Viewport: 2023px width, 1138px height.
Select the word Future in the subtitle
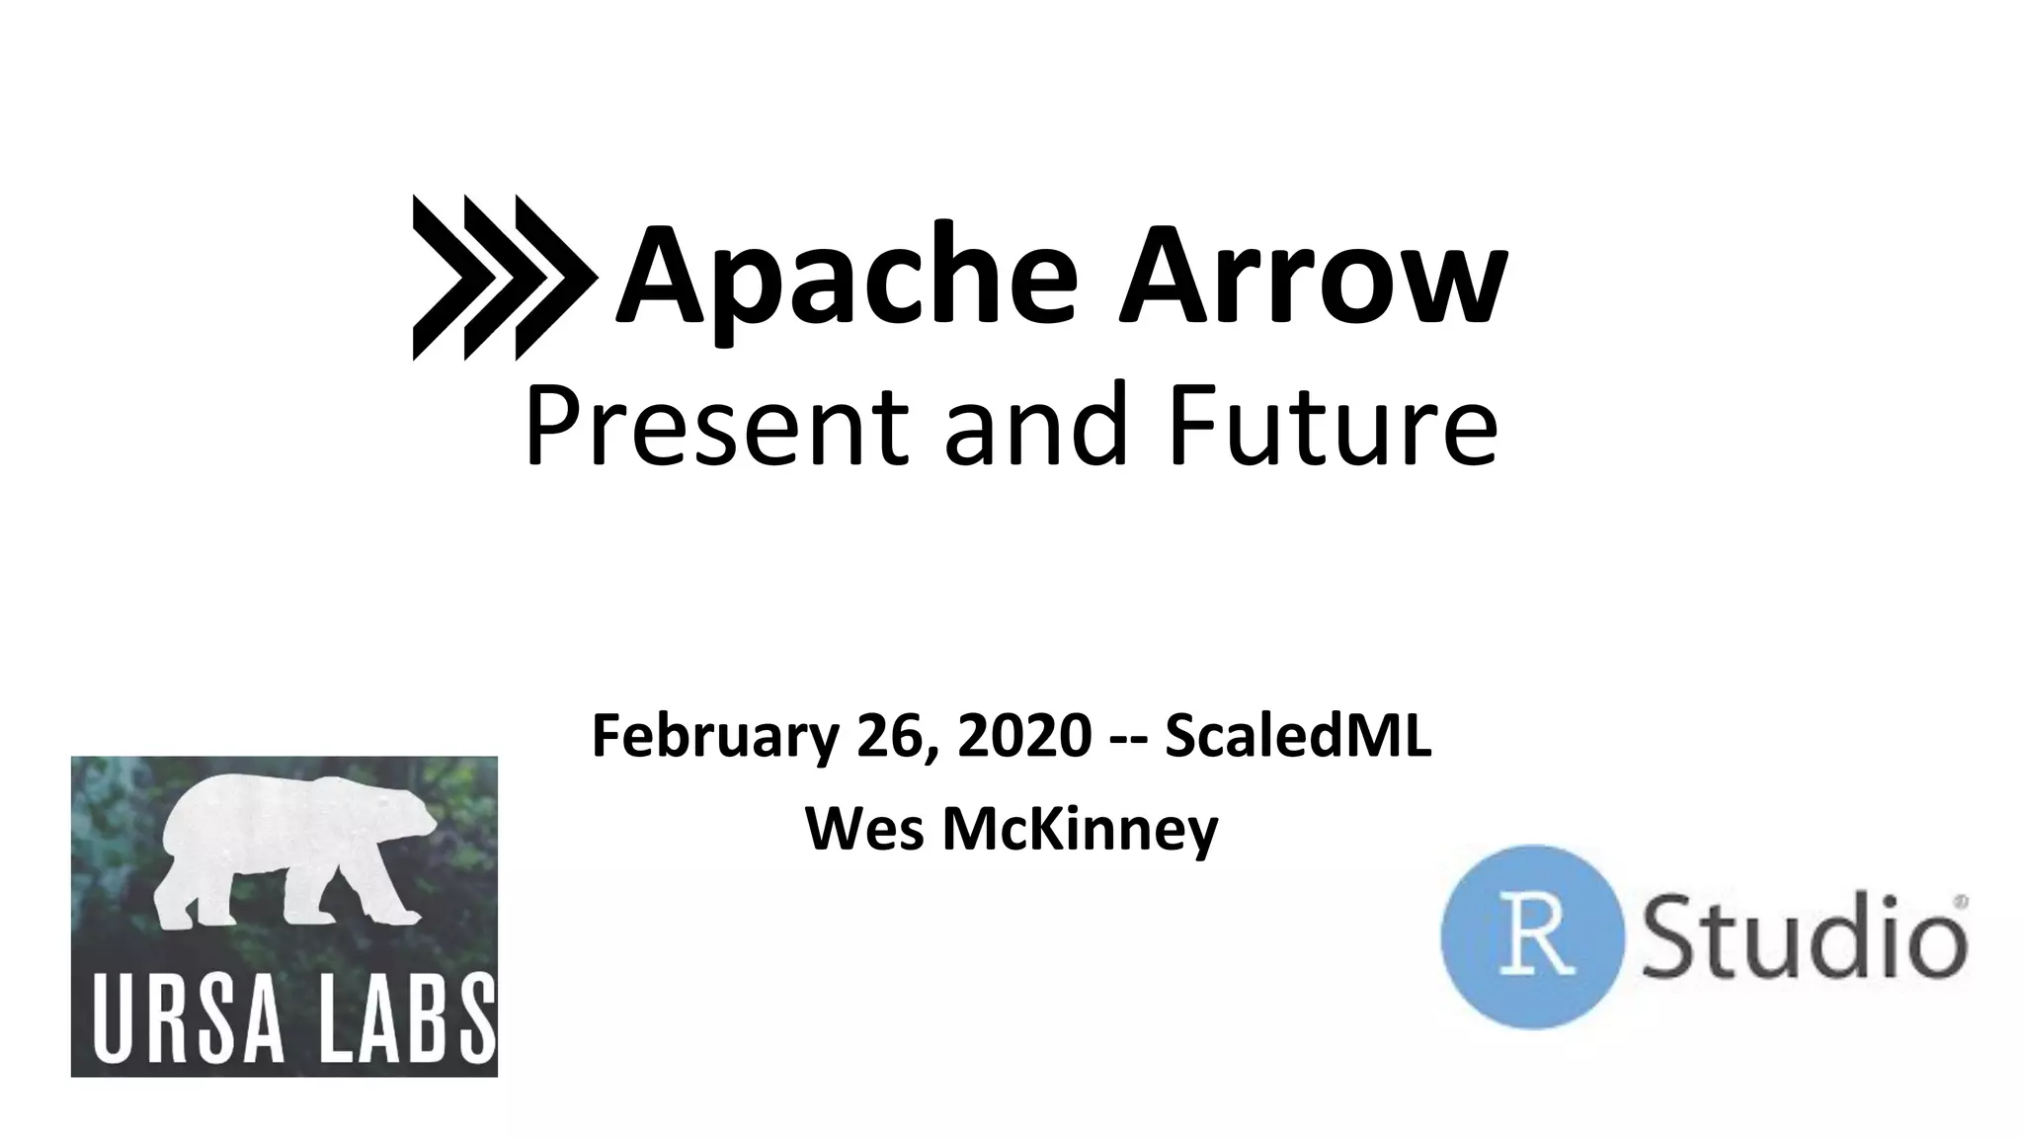click(1332, 425)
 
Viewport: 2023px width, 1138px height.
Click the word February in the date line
click(713, 737)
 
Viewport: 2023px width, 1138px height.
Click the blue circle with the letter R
click(1531, 936)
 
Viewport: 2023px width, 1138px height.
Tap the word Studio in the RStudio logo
click(1804, 936)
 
